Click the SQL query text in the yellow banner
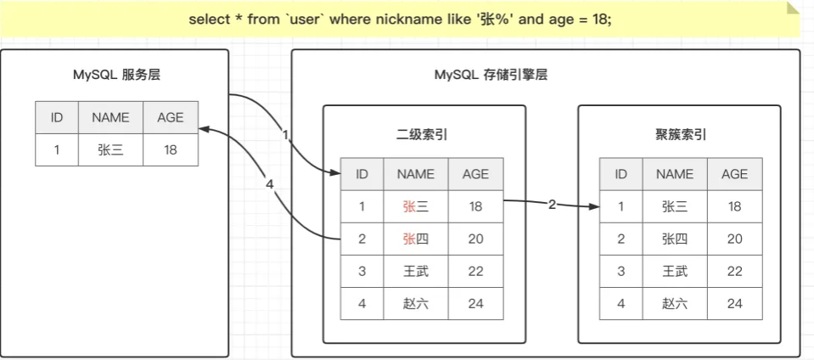(399, 19)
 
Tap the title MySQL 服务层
(116, 75)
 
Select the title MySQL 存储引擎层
(491, 75)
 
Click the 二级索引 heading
(422, 134)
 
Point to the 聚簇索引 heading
(681, 134)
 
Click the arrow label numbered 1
(285, 134)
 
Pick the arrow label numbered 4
(269, 184)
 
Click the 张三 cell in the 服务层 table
(110, 149)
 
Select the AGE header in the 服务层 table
(171, 117)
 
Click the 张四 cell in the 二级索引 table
(416, 239)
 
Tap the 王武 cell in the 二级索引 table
(416, 271)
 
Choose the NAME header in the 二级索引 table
(416, 174)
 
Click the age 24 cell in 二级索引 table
(475, 303)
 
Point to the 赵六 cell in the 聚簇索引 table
(675, 303)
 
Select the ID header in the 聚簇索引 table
(620, 174)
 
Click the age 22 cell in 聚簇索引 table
(734, 271)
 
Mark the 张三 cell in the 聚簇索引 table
(675, 206)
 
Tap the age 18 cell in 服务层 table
(171, 149)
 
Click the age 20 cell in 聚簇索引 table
(734, 239)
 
